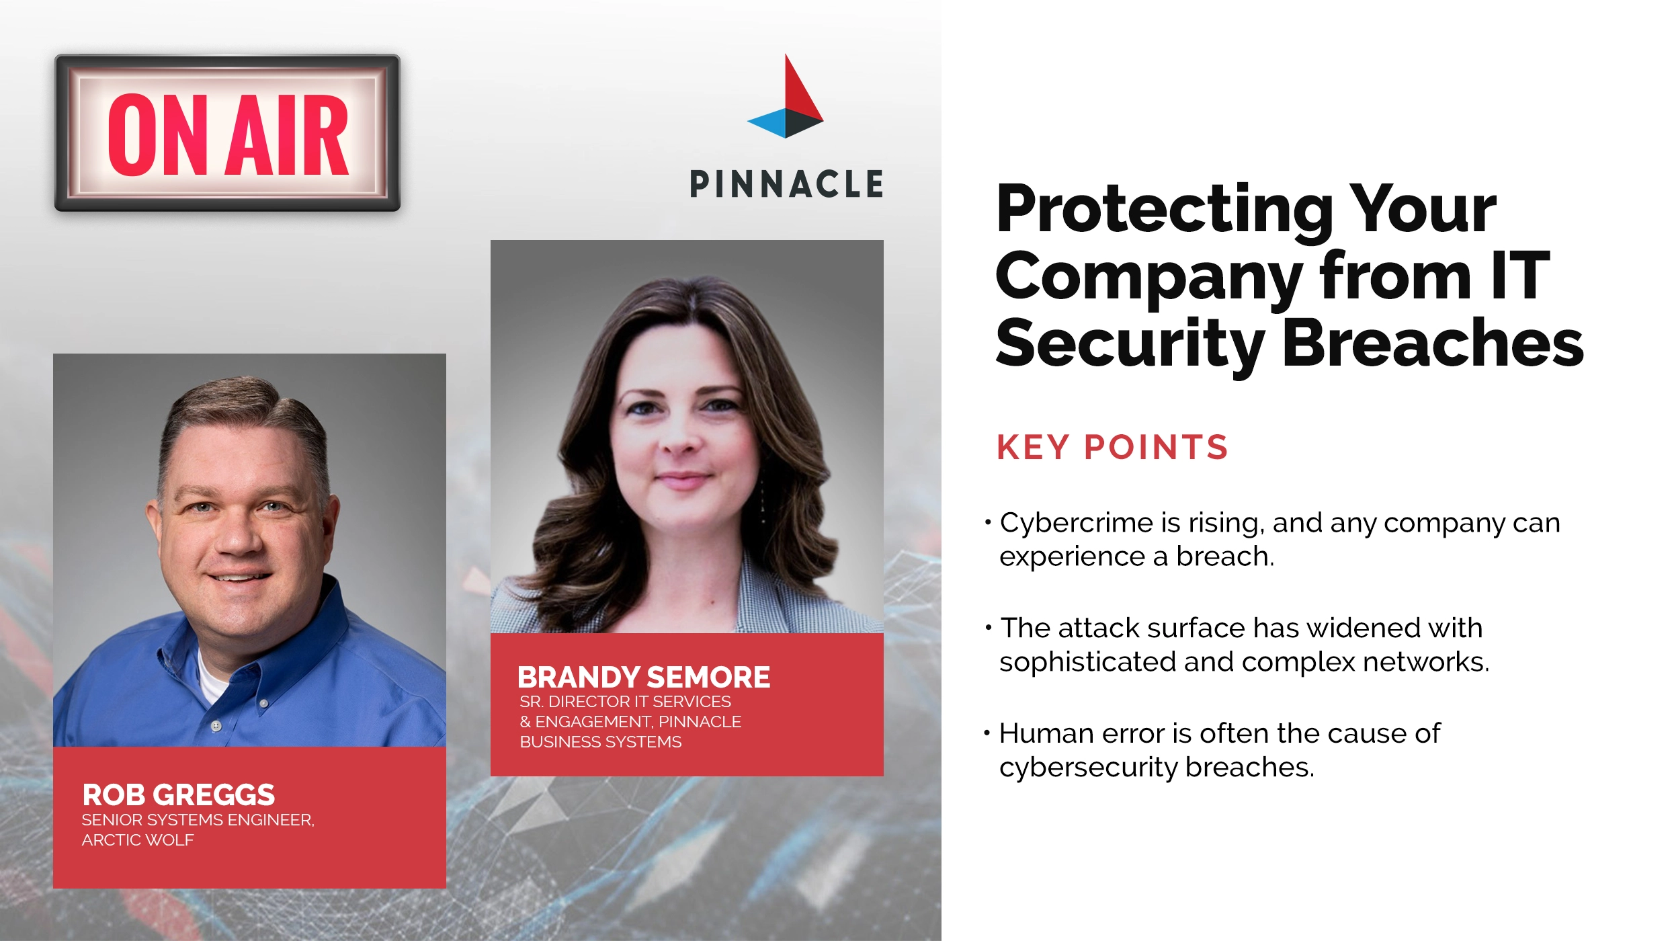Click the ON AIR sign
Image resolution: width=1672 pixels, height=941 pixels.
point(227,133)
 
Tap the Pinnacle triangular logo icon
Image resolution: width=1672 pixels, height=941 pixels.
point(786,101)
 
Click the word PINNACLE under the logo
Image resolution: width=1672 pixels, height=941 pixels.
point(786,184)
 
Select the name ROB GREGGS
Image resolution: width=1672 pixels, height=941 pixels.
point(178,794)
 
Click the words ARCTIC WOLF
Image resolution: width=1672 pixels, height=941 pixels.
point(138,840)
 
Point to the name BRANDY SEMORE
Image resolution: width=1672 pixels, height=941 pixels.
point(643,677)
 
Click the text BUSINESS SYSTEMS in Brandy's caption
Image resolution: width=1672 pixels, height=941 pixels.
point(600,742)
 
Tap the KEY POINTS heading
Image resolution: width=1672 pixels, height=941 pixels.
point(1112,448)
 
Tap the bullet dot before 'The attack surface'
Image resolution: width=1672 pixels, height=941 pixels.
point(988,628)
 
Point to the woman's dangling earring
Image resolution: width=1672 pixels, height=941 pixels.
point(763,504)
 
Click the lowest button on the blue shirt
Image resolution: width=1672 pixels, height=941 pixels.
point(216,726)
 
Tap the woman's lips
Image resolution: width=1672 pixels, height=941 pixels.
point(683,479)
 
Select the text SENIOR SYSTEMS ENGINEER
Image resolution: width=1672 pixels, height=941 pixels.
point(198,820)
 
